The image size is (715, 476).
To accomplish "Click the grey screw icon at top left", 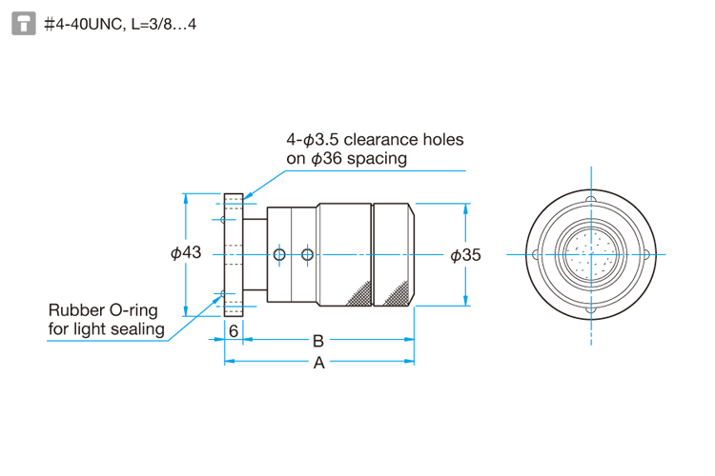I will [x=23, y=23].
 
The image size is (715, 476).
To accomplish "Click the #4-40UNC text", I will [x=83, y=24].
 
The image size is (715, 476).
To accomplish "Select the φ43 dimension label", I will [x=186, y=253].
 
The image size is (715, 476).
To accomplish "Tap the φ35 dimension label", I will [x=464, y=254].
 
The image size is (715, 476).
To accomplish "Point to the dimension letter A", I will [x=319, y=363].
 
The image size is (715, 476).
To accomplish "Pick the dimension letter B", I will [x=318, y=340].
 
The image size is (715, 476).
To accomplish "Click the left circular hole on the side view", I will [x=278, y=254].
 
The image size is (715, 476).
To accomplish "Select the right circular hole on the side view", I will [x=306, y=254].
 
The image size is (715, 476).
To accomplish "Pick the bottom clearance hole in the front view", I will [x=591, y=309].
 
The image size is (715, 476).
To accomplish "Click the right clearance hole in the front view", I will [x=646, y=254].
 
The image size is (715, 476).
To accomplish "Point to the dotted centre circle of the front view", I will [x=591, y=254].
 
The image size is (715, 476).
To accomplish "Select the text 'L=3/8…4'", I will [x=163, y=24].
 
